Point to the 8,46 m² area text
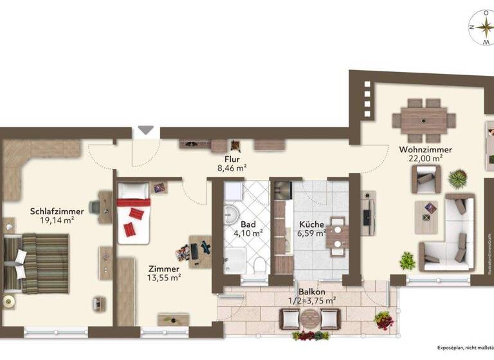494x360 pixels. pos(232,168)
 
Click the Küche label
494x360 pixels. pos(311,224)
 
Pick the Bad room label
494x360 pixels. pos(248,224)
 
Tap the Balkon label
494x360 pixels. pos(311,292)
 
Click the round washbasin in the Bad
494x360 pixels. pos(230,213)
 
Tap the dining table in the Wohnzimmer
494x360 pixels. pos(424,120)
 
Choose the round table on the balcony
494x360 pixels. pos(311,318)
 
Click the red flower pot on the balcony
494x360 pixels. pos(383,319)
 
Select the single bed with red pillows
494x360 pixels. pos(134,213)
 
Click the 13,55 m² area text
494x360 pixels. pos(164,278)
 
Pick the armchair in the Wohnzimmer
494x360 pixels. pos(425,179)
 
